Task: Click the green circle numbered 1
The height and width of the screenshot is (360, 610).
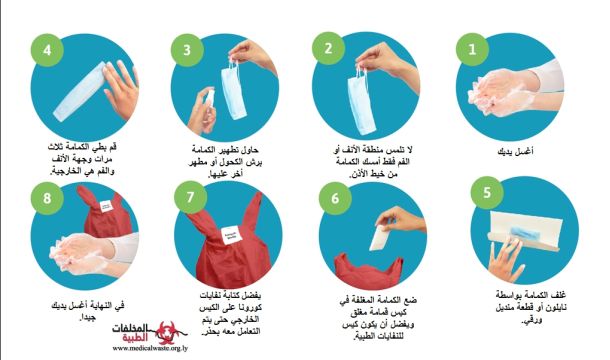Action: click(472, 49)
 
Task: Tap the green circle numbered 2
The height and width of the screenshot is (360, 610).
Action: click(328, 48)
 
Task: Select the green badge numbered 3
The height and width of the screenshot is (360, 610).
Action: click(187, 50)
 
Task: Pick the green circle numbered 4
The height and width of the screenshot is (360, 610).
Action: click(47, 50)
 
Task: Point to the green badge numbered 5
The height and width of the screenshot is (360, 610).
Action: click(487, 192)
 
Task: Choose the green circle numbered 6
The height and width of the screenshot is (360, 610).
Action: click(335, 198)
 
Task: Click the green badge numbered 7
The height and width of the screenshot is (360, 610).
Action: click(190, 197)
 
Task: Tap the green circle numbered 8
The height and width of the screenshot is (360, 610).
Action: click(47, 198)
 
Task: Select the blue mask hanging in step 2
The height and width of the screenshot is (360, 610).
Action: click(361, 103)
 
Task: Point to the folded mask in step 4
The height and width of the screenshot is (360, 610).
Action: click(79, 92)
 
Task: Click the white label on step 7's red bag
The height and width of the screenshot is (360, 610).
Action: click(231, 235)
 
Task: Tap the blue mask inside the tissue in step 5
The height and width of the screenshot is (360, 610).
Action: click(526, 234)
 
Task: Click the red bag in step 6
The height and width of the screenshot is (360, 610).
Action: click(368, 270)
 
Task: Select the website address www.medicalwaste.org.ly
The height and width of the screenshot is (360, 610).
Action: click(150, 348)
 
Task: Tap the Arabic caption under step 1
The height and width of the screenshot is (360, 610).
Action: click(515, 151)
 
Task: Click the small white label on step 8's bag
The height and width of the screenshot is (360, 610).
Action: click(106, 206)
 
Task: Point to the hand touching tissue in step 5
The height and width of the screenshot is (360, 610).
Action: click(506, 259)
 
